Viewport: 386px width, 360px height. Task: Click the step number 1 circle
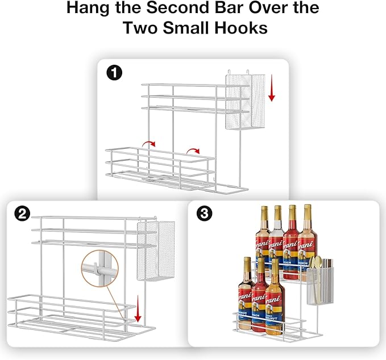click(x=114, y=73)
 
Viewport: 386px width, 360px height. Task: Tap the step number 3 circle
click(x=204, y=214)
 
